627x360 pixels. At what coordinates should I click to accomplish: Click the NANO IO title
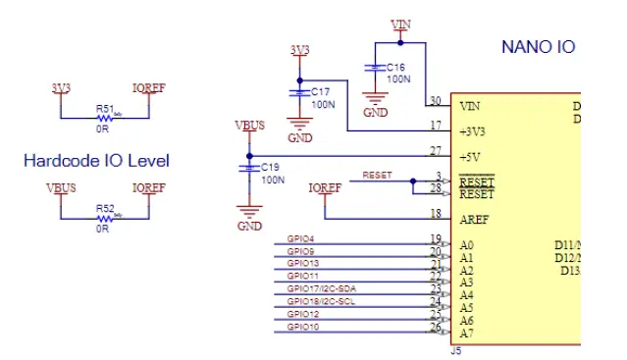538,46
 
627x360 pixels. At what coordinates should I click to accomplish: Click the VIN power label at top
400,24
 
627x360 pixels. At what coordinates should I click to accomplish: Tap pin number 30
434,100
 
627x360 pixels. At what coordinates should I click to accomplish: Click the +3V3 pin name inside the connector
472,130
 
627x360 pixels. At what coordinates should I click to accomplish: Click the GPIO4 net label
300,239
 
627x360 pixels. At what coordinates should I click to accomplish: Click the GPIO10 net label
302,326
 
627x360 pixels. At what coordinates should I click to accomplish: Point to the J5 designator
455,348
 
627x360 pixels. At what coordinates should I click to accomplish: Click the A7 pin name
466,333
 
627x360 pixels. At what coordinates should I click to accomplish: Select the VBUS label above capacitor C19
250,126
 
